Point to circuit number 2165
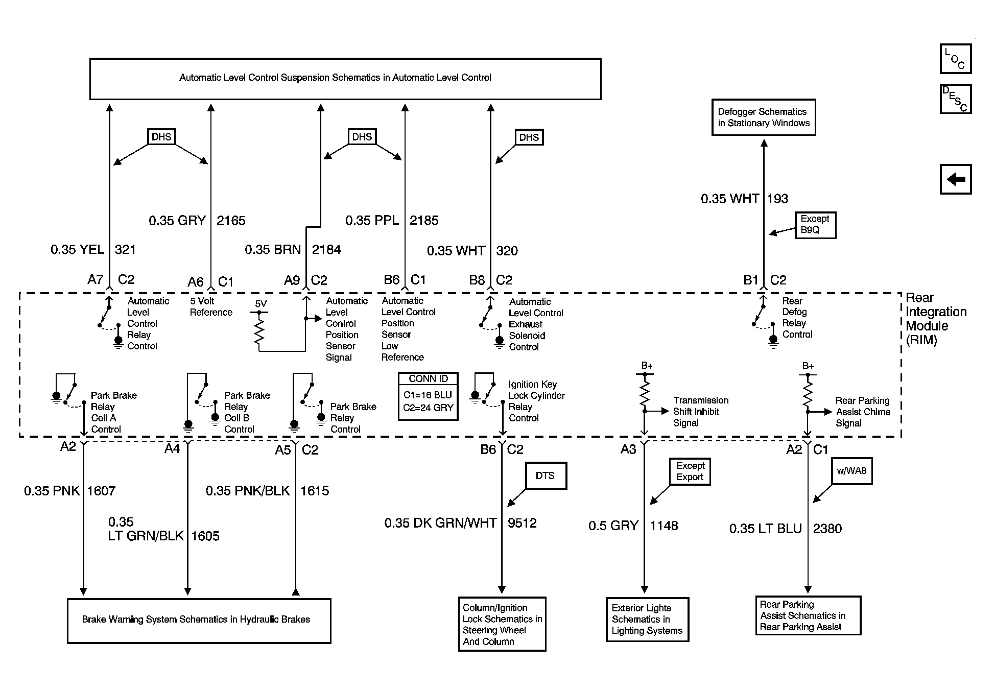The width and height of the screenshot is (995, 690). tap(231, 221)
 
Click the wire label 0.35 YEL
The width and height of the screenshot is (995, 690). tap(77, 250)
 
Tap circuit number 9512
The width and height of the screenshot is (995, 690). tap(522, 523)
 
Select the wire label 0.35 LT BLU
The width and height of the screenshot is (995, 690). tap(766, 529)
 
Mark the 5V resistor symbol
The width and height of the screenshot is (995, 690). tap(259, 330)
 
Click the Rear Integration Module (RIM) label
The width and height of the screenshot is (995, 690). tap(936, 319)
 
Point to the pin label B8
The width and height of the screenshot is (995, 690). tap(477, 280)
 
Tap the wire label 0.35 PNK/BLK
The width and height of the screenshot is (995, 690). tap(248, 491)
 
